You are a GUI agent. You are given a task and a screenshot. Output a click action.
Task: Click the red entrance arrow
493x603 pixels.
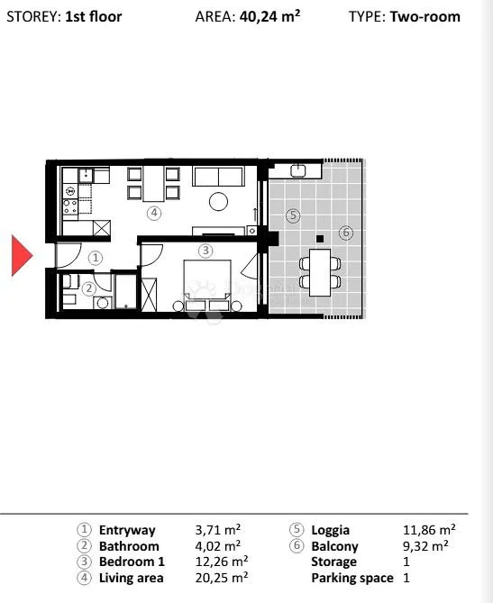point(22,255)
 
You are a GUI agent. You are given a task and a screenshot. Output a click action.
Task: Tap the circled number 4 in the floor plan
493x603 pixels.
point(154,213)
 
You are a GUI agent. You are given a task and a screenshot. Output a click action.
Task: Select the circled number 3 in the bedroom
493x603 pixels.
point(205,251)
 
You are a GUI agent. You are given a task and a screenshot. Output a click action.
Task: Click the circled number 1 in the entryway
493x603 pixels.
point(96,257)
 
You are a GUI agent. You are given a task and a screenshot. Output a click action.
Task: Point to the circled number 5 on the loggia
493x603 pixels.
point(293,215)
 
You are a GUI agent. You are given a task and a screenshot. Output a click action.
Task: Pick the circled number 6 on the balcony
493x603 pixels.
point(346,233)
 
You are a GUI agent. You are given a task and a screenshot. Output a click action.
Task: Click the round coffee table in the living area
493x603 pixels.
point(218,201)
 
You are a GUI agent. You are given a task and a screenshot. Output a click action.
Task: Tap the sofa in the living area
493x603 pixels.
point(218,177)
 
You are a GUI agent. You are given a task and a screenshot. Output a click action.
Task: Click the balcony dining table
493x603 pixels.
point(320,272)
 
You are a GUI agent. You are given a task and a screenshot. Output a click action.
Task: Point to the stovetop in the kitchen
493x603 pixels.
point(70,206)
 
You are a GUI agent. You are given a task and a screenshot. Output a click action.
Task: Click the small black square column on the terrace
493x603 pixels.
point(320,239)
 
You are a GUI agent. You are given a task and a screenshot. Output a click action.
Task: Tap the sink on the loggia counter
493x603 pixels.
point(298,169)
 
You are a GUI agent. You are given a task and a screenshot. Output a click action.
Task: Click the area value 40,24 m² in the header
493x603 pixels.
point(270,16)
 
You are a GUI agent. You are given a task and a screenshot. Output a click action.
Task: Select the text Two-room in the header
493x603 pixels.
point(425,16)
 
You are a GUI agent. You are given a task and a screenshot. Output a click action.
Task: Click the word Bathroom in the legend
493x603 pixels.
point(129,546)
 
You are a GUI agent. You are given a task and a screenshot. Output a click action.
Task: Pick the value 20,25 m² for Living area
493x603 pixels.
point(222,578)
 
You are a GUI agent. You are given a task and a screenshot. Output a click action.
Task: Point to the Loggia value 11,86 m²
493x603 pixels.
point(429,530)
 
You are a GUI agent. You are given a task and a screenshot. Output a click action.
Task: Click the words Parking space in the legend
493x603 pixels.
point(352,578)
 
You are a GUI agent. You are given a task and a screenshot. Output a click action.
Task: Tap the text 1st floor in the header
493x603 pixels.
point(94,16)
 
